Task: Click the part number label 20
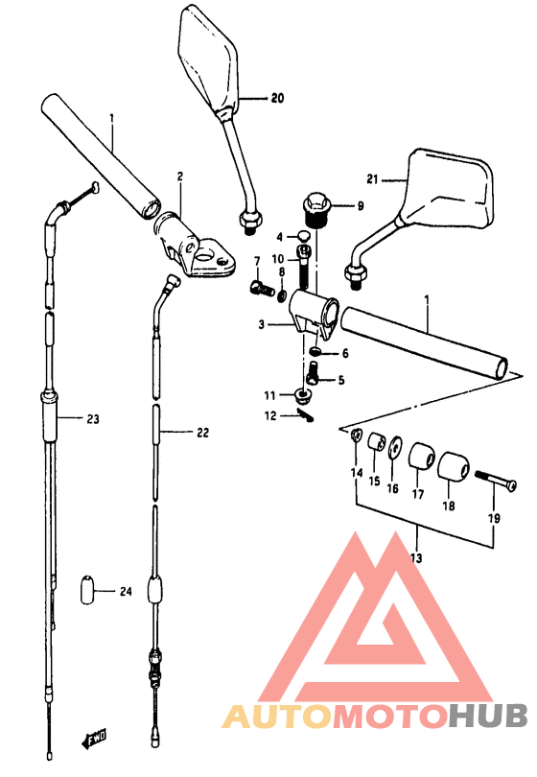tap(277, 98)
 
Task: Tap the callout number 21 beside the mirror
tap(372, 178)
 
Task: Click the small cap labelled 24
tap(87, 589)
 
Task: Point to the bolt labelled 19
tap(496, 480)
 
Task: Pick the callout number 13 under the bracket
tap(416, 558)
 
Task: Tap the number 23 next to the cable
tap(93, 419)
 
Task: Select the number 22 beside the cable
tap(202, 433)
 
